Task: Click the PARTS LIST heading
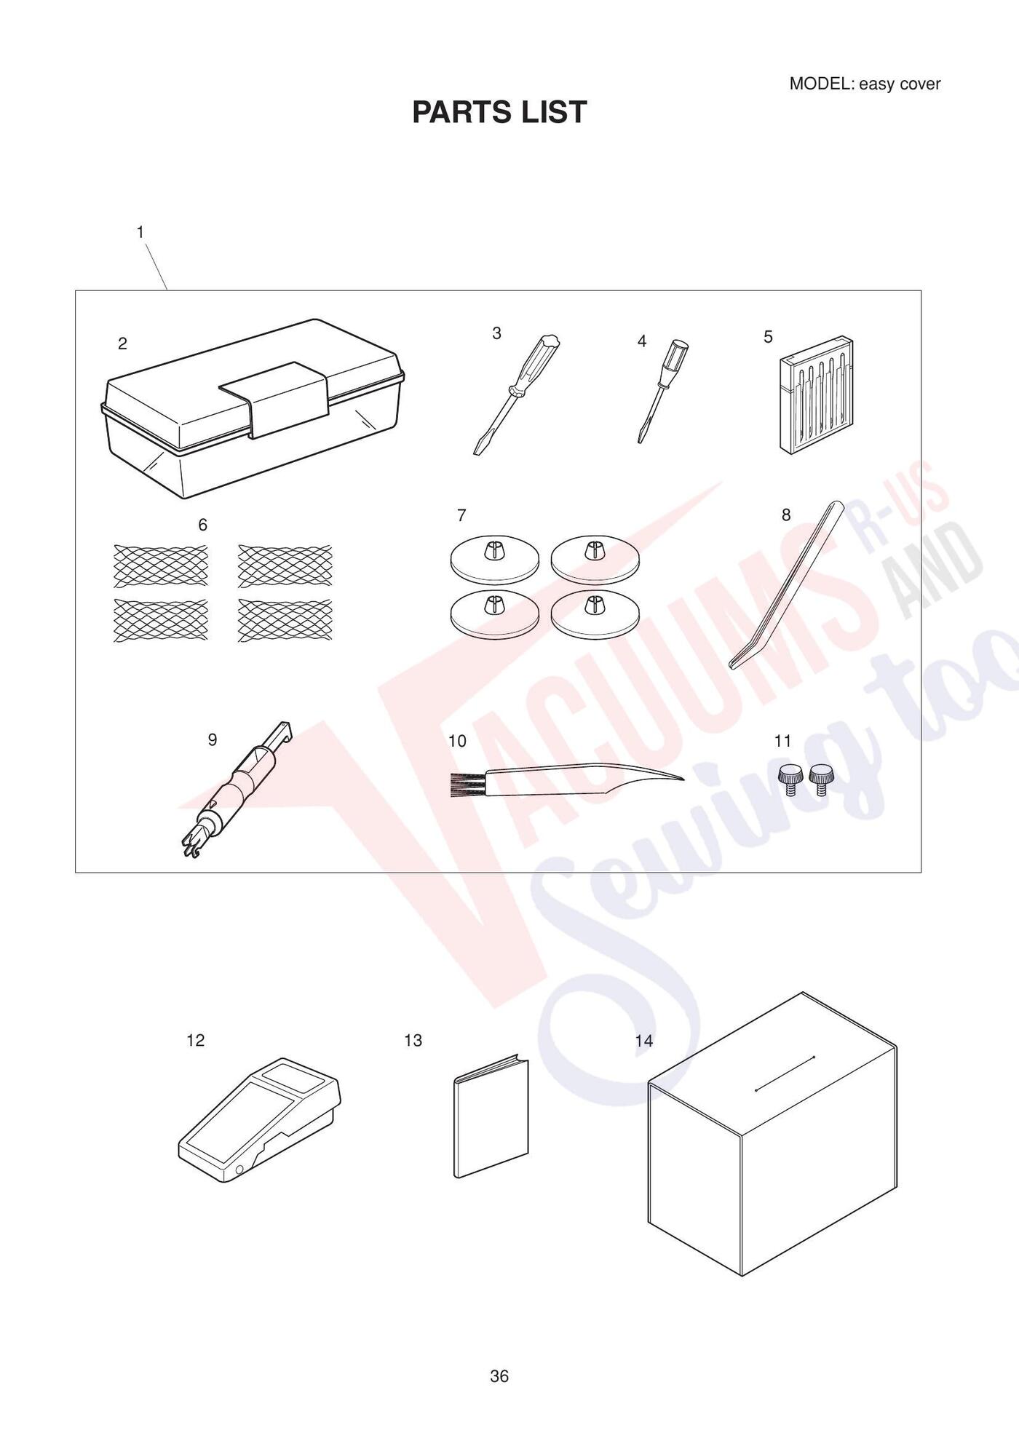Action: tap(499, 112)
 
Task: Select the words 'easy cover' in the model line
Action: tap(900, 84)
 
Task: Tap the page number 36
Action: tap(499, 1375)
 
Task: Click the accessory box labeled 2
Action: tap(253, 408)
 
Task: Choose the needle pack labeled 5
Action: tap(816, 395)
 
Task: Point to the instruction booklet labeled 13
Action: tap(491, 1115)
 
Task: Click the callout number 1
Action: tap(140, 232)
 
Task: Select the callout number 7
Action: tap(461, 515)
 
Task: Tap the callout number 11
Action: tap(782, 741)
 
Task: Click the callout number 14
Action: tap(644, 1041)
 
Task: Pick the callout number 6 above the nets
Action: tap(202, 525)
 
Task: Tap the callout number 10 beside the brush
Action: tap(457, 741)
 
